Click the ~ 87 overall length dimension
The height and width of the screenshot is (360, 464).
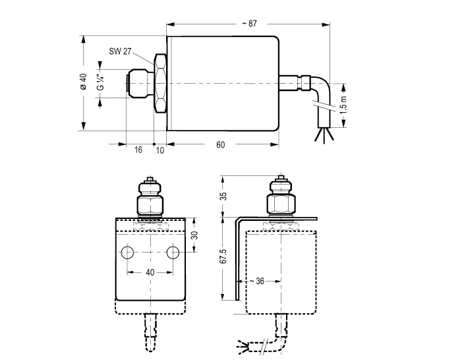248,23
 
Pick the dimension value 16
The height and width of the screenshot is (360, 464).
138,150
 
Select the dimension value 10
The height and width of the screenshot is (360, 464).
159,150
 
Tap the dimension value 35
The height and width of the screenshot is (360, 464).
223,196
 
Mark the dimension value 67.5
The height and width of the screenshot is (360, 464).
223,256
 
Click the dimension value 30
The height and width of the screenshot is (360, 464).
194,235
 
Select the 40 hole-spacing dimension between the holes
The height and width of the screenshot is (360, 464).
151,272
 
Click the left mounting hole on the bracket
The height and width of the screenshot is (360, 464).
129,253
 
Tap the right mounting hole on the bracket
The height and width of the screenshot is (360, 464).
173,253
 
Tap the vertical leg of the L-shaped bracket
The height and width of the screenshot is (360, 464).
237,260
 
